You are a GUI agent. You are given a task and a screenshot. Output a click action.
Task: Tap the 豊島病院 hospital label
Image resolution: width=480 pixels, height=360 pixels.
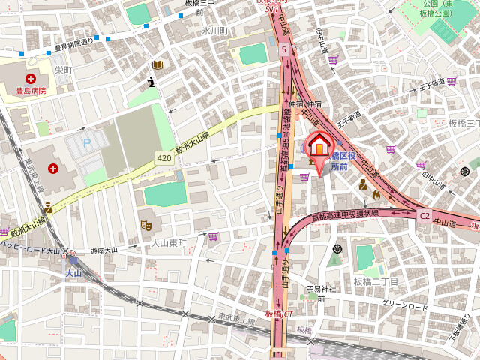pos(31,91)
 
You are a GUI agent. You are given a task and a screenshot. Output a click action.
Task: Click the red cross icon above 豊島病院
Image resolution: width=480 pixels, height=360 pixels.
pos(31,78)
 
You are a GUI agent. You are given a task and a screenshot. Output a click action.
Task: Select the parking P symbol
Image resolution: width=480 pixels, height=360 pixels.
pos(86,142)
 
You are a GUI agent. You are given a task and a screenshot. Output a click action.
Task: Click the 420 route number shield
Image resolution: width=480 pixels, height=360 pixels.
pos(164,157)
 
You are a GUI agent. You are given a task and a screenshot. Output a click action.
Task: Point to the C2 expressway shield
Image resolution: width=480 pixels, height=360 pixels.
pos(424,215)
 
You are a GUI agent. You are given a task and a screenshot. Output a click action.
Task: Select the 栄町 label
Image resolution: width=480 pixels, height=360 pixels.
pos(63,69)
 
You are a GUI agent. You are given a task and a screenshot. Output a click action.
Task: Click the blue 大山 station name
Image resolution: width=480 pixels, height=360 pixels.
pos(72,273)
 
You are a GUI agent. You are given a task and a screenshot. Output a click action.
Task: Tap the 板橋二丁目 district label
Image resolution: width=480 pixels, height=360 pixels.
pos(376,281)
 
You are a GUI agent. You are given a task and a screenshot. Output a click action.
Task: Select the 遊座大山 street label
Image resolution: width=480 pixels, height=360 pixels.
pos(103,250)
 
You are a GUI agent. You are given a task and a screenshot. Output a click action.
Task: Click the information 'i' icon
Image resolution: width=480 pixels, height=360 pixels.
pos(152,82)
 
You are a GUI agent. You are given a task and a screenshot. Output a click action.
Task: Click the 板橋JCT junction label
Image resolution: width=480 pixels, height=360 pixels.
pos(279,313)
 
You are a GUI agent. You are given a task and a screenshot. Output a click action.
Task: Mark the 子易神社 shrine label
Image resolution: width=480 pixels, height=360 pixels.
pos(322,289)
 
